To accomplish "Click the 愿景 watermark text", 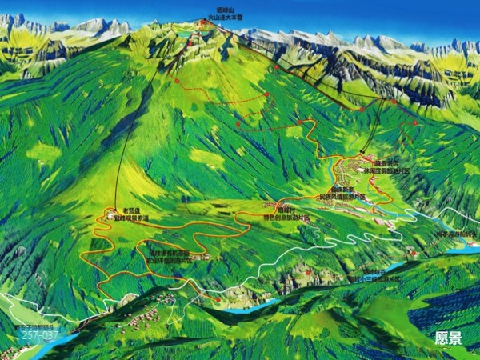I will coord(448,338).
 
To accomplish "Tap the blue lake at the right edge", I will coord(464,250).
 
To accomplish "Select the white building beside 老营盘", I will coord(110,217).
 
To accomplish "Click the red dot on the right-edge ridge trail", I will coord(414,122).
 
